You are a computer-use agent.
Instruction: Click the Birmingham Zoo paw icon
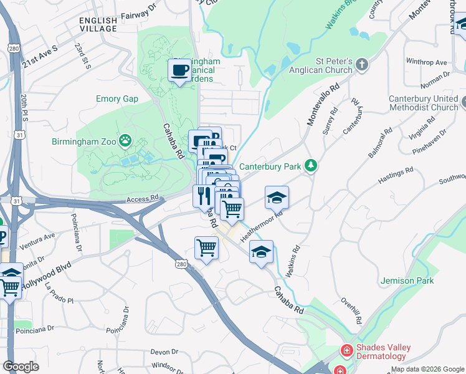pyautogui.click(x=126, y=140)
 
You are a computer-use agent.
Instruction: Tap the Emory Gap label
pyautogui.click(x=117, y=99)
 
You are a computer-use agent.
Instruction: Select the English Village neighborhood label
pyautogui.click(x=98, y=24)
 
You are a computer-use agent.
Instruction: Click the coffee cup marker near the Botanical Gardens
pyautogui.click(x=180, y=70)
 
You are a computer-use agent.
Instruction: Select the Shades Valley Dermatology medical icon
pyautogui.click(x=345, y=352)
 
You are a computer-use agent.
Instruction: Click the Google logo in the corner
pyautogui.click(x=21, y=366)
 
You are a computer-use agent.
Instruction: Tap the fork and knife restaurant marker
pyautogui.click(x=204, y=196)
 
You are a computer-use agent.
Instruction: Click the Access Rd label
pyautogui.click(x=143, y=199)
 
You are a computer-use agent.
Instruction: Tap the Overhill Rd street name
pyautogui.click(x=351, y=310)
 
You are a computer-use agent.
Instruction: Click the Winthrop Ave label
pyautogui.click(x=426, y=62)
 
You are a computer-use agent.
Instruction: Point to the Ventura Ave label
pyautogui.click(x=37, y=241)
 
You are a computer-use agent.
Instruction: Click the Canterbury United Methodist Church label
pyautogui.click(x=423, y=103)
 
